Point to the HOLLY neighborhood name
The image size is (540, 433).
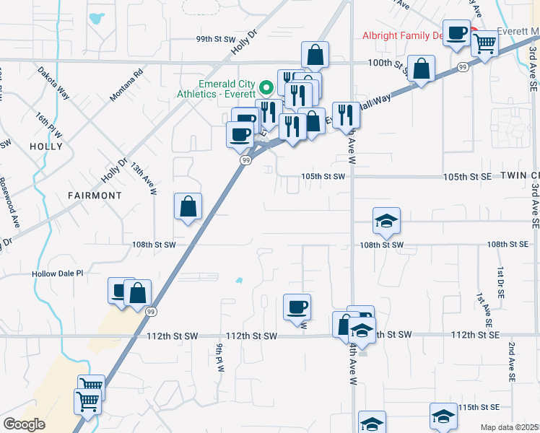click(47, 146)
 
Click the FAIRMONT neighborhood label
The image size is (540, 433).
click(95, 195)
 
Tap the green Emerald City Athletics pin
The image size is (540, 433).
click(266, 88)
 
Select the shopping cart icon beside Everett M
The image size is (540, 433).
click(484, 43)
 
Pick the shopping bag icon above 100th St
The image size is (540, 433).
click(315, 55)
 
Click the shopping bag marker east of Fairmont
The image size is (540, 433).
click(188, 207)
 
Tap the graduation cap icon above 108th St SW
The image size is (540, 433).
click(386, 221)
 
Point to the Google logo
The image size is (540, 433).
click(24, 424)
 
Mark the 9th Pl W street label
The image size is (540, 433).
click(219, 357)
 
